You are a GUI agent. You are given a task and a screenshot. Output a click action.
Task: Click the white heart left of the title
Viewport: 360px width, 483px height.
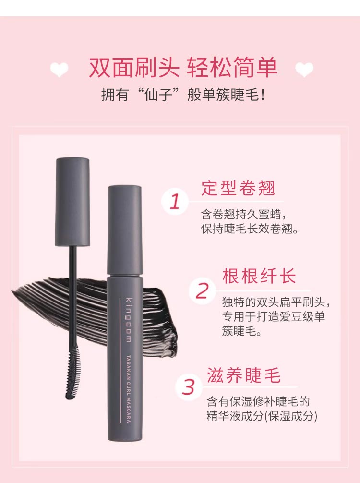pyautogui.click(x=59, y=69)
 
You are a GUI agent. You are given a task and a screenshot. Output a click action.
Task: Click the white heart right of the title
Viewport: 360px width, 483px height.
pyautogui.click(x=304, y=69)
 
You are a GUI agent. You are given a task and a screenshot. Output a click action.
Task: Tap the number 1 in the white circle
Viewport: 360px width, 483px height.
pyautogui.click(x=175, y=202)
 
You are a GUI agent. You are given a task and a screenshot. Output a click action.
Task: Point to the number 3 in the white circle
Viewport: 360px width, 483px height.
pyautogui.click(x=188, y=387)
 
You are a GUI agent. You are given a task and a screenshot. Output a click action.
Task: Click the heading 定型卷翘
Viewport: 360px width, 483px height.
pyautogui.click(x=238, y=188)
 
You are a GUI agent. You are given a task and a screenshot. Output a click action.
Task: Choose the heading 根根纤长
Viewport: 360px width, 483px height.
pyautogui.click(x=259, y=276)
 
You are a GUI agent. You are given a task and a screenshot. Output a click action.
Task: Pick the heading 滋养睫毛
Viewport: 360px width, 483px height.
pyautogui.click(x=243, y=375)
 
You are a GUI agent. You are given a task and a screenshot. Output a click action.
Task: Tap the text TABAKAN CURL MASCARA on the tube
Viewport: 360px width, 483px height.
pyautogui.click(x=129, y=389)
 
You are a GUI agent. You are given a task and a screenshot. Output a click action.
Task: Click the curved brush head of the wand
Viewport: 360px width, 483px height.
pyautogui.click(x=73, y=372)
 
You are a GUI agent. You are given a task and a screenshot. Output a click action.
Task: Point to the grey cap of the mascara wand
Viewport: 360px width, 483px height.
pyautogui.click(x=72, y=202)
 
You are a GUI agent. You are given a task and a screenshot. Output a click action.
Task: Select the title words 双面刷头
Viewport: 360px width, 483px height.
pyautogui.click(x=134, y=67)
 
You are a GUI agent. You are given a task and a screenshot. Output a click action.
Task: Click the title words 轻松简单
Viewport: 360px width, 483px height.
pyautogui.click(x=232, y=67)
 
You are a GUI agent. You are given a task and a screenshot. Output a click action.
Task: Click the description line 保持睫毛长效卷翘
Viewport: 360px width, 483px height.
pyautogui.click(x=250, y=229)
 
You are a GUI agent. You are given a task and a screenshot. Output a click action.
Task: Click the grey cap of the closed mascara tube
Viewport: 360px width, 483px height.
pyautogui.click(x=125, y=230)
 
